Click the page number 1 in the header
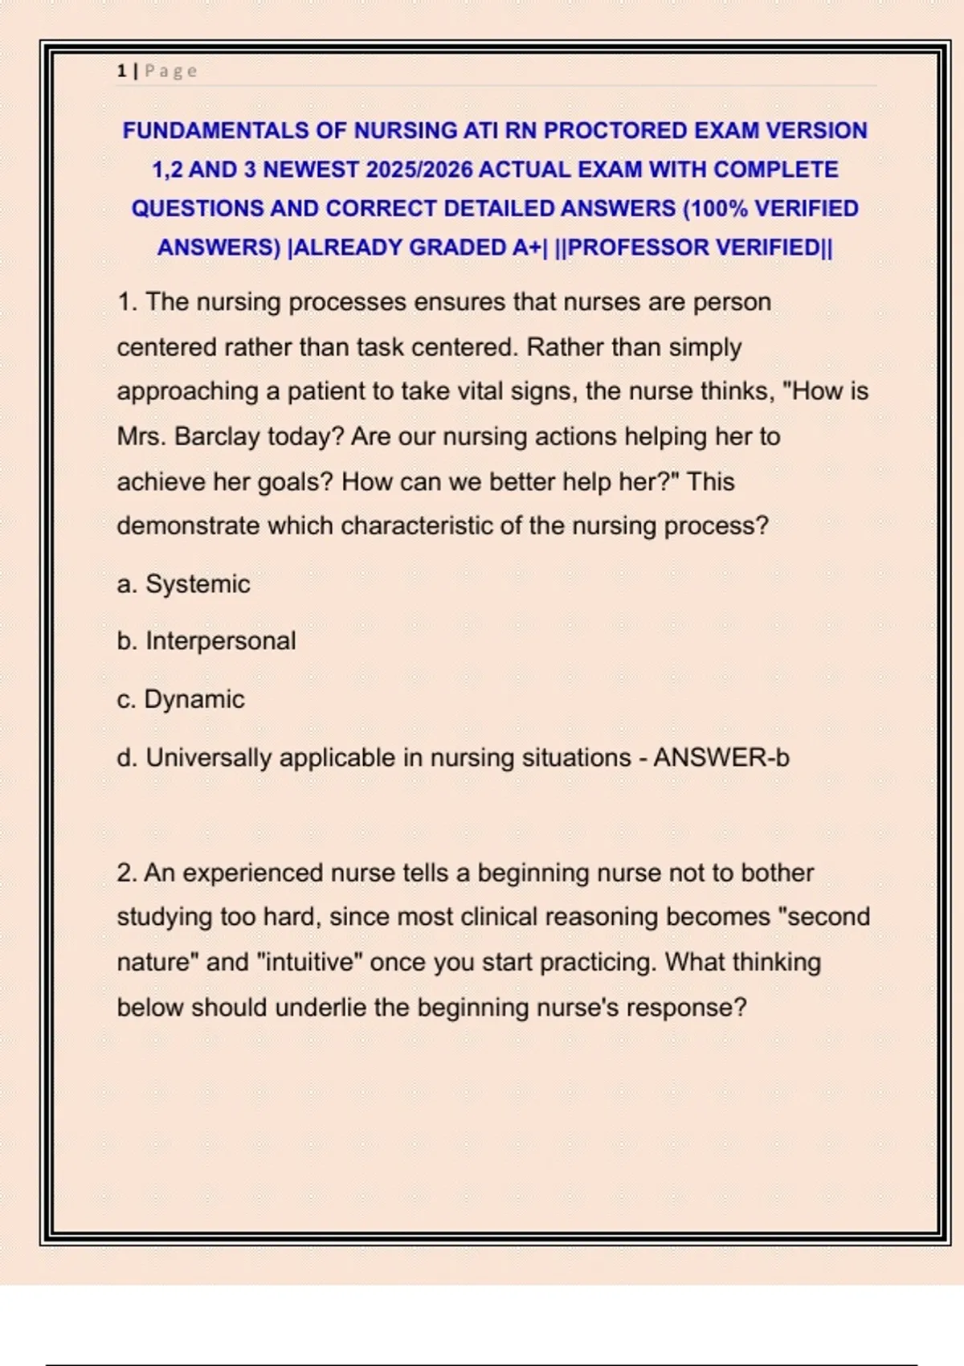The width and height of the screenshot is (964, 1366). click(121, 71)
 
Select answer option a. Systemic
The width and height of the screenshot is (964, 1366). click(183, 583)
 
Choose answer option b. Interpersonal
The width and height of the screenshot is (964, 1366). click(206, 640)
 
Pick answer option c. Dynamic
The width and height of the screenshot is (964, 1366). click(180, 699)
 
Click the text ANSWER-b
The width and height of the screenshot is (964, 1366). click(721, 757)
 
